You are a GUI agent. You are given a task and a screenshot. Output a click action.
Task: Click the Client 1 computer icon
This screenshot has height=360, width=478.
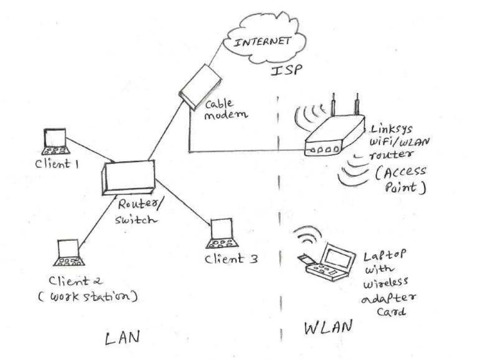[x=55, y=141]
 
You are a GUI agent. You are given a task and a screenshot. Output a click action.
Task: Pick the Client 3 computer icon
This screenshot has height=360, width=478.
[x=222, y=234]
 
